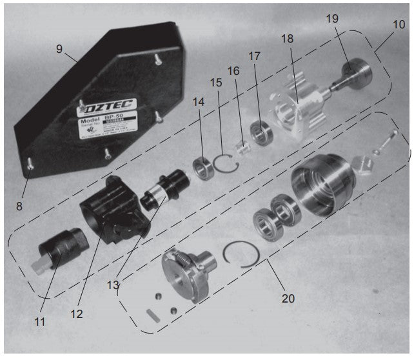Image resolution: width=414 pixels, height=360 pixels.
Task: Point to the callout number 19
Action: pos(331,20)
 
